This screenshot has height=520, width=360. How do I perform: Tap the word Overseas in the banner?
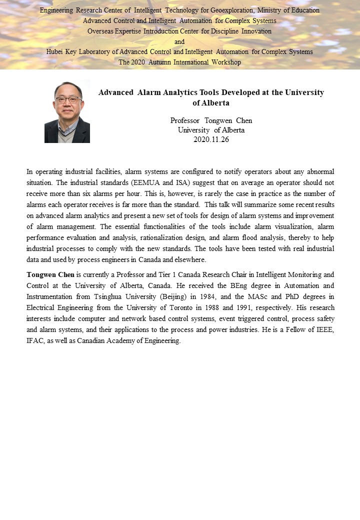[x=101, y=31]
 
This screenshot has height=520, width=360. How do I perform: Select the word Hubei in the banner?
[x=55, y=52]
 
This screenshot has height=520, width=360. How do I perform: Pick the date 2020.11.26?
[x=211, y=139]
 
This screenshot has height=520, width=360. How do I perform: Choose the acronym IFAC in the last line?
[x=36, y=340]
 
